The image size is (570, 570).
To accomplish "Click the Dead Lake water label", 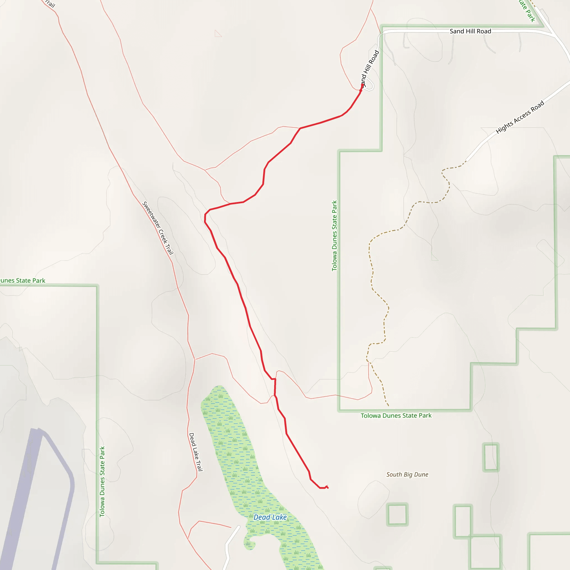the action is (270, 517).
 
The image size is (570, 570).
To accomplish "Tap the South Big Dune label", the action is (407, 475).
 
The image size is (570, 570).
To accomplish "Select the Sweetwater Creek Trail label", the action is (158, 228).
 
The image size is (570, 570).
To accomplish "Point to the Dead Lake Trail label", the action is (196, 452).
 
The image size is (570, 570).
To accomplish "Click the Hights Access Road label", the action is (520, 117).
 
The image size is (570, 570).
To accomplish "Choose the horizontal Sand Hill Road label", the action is (470, 31).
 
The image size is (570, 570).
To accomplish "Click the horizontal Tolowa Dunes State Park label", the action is (396, 416).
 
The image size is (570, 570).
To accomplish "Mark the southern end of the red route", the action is (327, 487).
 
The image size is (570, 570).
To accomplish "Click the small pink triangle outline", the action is (218, 34).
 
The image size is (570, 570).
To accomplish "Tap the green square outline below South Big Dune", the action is (397, 515).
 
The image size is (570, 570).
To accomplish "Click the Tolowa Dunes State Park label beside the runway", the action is (102, 481).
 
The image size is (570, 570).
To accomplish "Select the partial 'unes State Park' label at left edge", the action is (23, 281).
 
